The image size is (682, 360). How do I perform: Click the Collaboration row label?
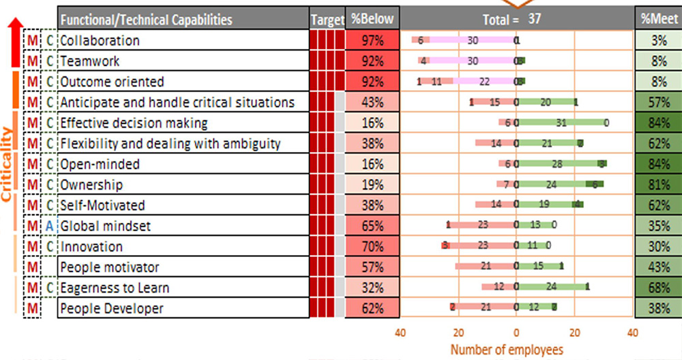[x=100, y=41]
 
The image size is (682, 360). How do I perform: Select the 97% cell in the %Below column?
[x=372, y=41]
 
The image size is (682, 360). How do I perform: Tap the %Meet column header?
[x=659, y=20]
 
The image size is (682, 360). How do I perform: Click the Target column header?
[x=327, y=20]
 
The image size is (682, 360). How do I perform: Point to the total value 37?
[x=535, y=19]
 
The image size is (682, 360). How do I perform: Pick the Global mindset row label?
[x=106, y=226]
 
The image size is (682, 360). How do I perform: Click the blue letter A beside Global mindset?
[x=50, y=226]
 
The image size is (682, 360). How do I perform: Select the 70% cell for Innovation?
[x=372, y=247]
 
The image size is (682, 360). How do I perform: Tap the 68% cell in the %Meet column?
[x=659, y=288]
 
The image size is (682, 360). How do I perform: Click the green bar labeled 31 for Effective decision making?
[x=561, y=123]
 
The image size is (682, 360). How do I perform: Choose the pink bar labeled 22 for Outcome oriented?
[x=484, y=82]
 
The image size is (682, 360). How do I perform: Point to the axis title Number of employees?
[x=507, y=349]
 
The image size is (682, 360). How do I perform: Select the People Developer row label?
[x=112, y=308]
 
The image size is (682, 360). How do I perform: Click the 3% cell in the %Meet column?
[x=659, y=41]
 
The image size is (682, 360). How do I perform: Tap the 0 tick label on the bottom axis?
[x=516, y=333]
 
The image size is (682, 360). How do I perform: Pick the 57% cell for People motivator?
[x=372, y=267]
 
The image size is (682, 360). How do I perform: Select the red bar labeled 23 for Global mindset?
[x=482, y=226]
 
